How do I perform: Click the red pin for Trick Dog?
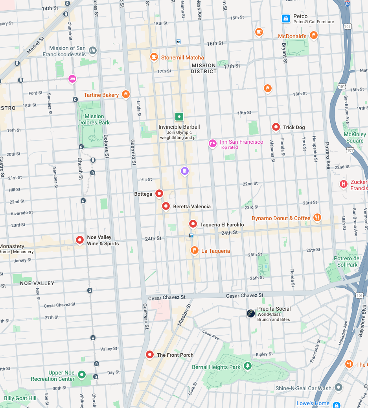tap(276, 127)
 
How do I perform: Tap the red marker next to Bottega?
tap(159, 193)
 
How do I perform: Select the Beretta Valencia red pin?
tap(166, 206)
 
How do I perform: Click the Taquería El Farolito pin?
tap(193, 224)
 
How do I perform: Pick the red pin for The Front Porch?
tap(150, 354)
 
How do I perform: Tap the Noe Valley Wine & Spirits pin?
tap(80, 239)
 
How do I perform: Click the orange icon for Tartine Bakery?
tap(125, 94)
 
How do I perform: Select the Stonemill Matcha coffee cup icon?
tap(154, 57)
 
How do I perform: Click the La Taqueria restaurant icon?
tap(194, 250)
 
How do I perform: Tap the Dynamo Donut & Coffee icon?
tap(317, 217)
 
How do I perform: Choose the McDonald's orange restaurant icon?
tap(313, 35)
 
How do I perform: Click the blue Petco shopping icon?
tap(286, 18)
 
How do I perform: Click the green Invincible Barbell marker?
tap(179, 116)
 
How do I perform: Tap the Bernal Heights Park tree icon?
tap(247, 366)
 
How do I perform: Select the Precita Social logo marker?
tap(251, 313)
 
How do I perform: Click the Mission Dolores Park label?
tap(94, 119)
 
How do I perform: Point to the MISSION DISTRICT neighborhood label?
tap(204, 69)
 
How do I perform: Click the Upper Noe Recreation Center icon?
tap(81, 375)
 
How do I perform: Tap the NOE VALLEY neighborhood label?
tap(37, 283)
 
